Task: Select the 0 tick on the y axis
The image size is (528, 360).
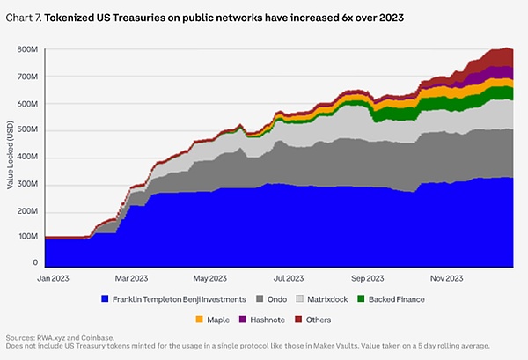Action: point(35,262)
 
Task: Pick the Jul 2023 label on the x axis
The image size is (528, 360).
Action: point(288,278)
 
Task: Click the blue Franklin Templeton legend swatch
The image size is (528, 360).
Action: point(106,299)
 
